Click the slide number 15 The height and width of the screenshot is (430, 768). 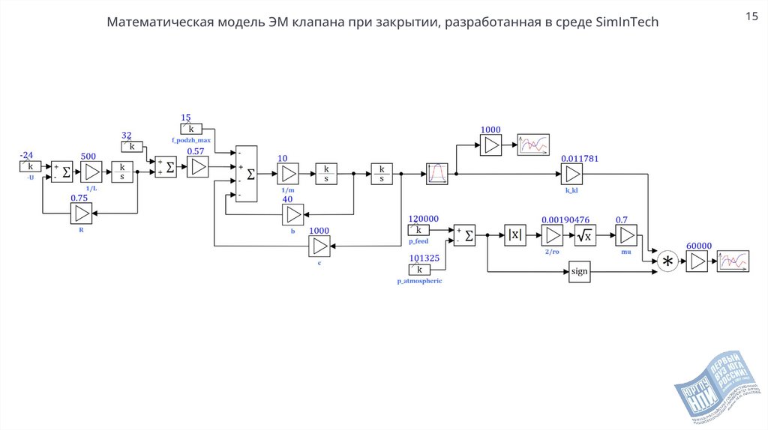[x=751, y=16]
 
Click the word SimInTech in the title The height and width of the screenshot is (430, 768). [x=627, y=22]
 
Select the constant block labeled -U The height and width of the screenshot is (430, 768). [x=30, y=166]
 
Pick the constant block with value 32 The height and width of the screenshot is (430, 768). [x=132, y=147]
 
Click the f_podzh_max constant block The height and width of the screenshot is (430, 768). [x=191, y=129]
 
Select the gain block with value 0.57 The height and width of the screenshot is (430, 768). [x=198, y=168]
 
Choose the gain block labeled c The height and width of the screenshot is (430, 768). [x=319, y=246]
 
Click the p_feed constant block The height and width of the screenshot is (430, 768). [x=419, y=230]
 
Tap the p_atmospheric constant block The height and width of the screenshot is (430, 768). [x=419, y=269]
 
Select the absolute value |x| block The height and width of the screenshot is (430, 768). [x=515, y=235]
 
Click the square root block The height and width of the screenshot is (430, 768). [x=584, y=235]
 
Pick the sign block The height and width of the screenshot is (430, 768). [x=579, y=272]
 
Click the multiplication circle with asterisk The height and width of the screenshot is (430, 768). [x=667, y=261]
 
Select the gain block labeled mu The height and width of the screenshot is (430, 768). [x=625, y=235]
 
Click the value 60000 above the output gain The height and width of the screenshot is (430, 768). [x=698, y=245]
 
